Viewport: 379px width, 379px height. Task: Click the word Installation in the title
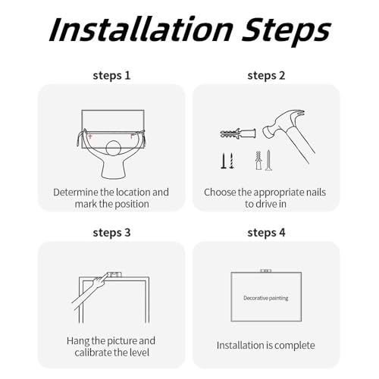click(x=141, y=29)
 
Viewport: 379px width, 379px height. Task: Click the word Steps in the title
click(x=287, y=31)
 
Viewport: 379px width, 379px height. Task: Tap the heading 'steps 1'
click(x=111, y=76)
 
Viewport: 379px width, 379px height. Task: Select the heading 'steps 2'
click(x=266, y=76)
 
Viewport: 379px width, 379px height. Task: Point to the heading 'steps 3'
click(x=111, y=233)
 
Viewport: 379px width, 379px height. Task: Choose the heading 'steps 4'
click(x=266, y=233)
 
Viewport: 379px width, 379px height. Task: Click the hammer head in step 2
click(x=283, y=123)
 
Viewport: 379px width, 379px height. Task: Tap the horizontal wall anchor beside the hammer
click(x=238, y=133)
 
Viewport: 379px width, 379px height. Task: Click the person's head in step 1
click(x=114, y=149)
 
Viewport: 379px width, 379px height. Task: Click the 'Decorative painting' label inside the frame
click(x=266, y=298)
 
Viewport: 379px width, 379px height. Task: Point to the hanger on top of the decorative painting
click(x=266, y=271)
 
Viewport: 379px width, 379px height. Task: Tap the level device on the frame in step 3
click(x=114, y=274)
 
